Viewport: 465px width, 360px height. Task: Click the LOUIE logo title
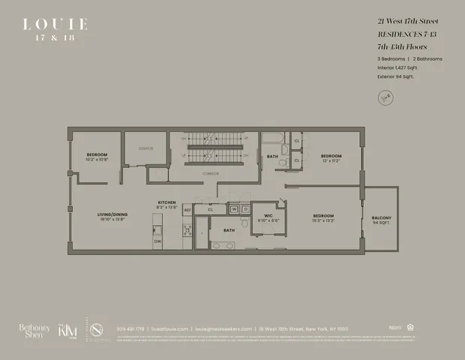[x=55, y=25]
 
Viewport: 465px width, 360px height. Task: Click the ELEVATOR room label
[x=145, y=148]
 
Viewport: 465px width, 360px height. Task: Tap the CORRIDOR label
[x=210, y=174]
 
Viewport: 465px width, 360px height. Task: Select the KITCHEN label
[x=166, y=202]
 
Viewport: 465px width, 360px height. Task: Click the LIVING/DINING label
[x=112, y=215]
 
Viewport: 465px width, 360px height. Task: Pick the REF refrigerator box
[x=187, y=211]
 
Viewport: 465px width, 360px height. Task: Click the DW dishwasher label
[x=157, y=241]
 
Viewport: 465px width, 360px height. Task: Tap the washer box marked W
[x=234, y=209]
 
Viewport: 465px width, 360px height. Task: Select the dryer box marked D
[x=244, y=209]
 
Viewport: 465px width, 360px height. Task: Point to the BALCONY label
[x=381, y=218]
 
